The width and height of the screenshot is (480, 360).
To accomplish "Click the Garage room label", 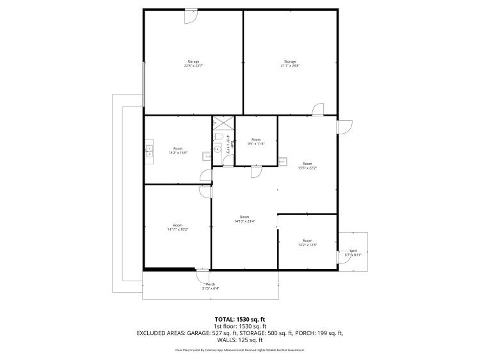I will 193,61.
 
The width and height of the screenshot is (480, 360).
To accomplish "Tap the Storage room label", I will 290,61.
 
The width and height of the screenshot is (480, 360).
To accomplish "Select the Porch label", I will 211,284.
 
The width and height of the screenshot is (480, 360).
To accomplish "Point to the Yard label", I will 353,251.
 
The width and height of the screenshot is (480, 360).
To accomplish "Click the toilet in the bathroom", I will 218,138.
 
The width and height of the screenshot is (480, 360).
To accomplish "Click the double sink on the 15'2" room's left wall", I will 150,151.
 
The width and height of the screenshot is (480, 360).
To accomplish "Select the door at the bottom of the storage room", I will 318,110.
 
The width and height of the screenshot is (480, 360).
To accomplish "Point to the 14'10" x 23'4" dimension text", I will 244,221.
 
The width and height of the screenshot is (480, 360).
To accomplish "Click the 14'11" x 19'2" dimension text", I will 177,229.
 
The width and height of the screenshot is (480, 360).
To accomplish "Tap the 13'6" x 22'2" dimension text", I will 307,168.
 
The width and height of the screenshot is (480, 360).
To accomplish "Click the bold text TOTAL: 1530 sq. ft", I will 239,318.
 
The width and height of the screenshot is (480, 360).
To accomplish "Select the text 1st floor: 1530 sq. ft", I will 239,325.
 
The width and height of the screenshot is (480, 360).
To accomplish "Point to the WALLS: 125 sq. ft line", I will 239,341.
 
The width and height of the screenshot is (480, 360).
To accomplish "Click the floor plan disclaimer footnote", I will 239,350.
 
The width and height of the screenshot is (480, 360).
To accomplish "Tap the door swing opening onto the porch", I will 202,276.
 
